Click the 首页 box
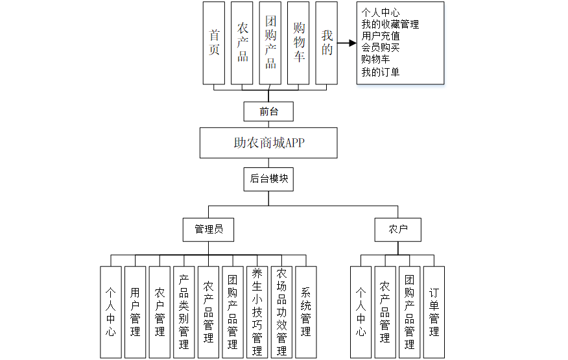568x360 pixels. [214, 43]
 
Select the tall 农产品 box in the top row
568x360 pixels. [242, 43]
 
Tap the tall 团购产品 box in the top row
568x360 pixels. [270, 43]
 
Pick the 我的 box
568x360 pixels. [327, 43]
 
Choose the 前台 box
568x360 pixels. [268, 112]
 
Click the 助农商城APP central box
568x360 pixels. [268, 143]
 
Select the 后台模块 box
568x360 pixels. [268, 178]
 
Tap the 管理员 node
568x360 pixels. [209, 229]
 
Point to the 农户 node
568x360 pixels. [398, 229]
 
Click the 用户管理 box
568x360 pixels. [136, 312]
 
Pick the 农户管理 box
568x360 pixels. [160, 312]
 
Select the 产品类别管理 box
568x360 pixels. [184, 312]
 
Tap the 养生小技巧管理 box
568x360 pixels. [257, 312]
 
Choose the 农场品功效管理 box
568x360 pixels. [281, 312]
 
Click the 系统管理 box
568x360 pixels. [305, 312]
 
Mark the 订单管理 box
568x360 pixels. [434, 312]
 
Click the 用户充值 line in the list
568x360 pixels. [381, 36]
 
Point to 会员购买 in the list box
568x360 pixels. [381, 48]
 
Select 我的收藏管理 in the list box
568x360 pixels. [390, 25]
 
